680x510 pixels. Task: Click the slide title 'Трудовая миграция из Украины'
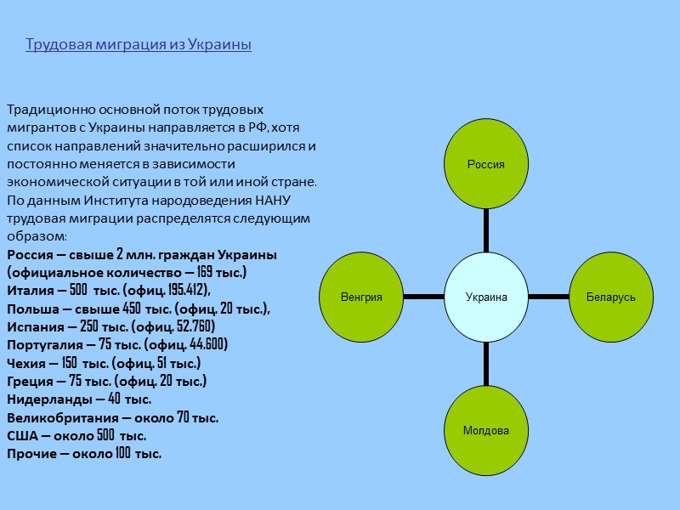(x=139, y=44)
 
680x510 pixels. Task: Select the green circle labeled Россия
(x=486, y=164)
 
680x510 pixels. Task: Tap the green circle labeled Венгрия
(x=361, y=297)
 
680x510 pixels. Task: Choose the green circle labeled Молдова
(x=486, y=430)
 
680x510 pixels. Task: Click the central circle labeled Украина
(x=486, y=297)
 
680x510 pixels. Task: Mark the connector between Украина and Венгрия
(x=424, y=297)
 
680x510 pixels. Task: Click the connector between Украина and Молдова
(x=486, y=364)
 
